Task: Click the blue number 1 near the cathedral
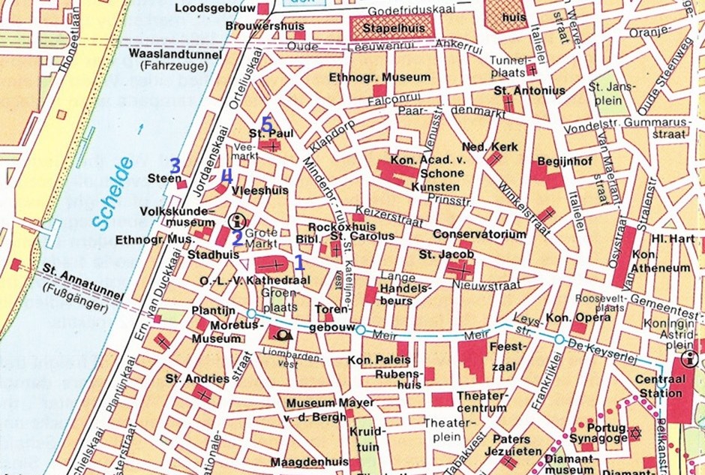298,262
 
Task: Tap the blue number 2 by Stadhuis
236,239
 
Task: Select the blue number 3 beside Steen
175,165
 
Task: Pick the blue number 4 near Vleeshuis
224,176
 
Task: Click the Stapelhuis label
388,27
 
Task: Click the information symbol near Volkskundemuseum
238,221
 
